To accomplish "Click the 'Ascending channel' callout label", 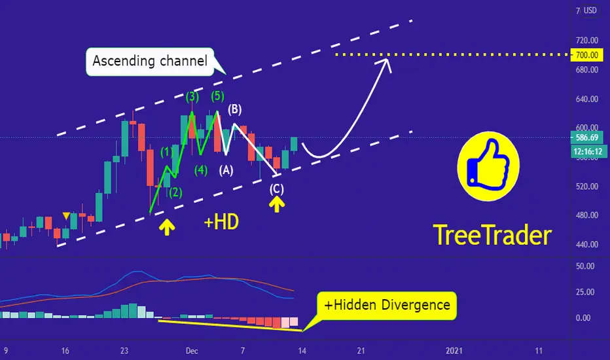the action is [x=150, y=61].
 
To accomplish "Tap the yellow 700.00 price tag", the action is [x=586, y=55].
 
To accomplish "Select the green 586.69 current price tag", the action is [x=586, y=137].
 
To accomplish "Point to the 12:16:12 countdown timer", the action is [x=588, y=151].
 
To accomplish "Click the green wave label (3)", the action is [x=192, y=96].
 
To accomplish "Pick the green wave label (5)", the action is [x=218, y=96].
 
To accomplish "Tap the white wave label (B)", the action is [x=234, y=109].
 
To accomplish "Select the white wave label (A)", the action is [x=226, y=170].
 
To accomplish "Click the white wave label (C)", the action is [x=277, y=189].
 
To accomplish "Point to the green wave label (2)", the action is [x=175, y=192].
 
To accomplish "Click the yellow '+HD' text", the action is [x=221, y=223].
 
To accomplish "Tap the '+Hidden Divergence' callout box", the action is [x=387, y=305].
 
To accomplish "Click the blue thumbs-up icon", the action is [x=488, y=166].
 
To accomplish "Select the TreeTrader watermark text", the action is [x=492, y=235].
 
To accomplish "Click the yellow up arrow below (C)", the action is [x=277, y=204].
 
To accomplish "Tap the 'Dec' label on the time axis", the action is [x=192, y=351].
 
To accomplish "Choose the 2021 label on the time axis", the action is [x=454, y=351].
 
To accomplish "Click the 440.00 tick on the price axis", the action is [x=586, y=244].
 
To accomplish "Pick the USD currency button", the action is [x=590, y=10].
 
